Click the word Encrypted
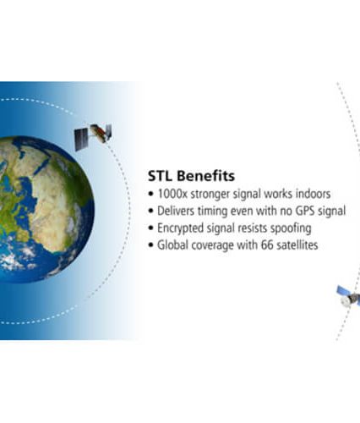(x=180, y=228)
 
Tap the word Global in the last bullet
(x=172, y=245)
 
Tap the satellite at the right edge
(x=349, y=295)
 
